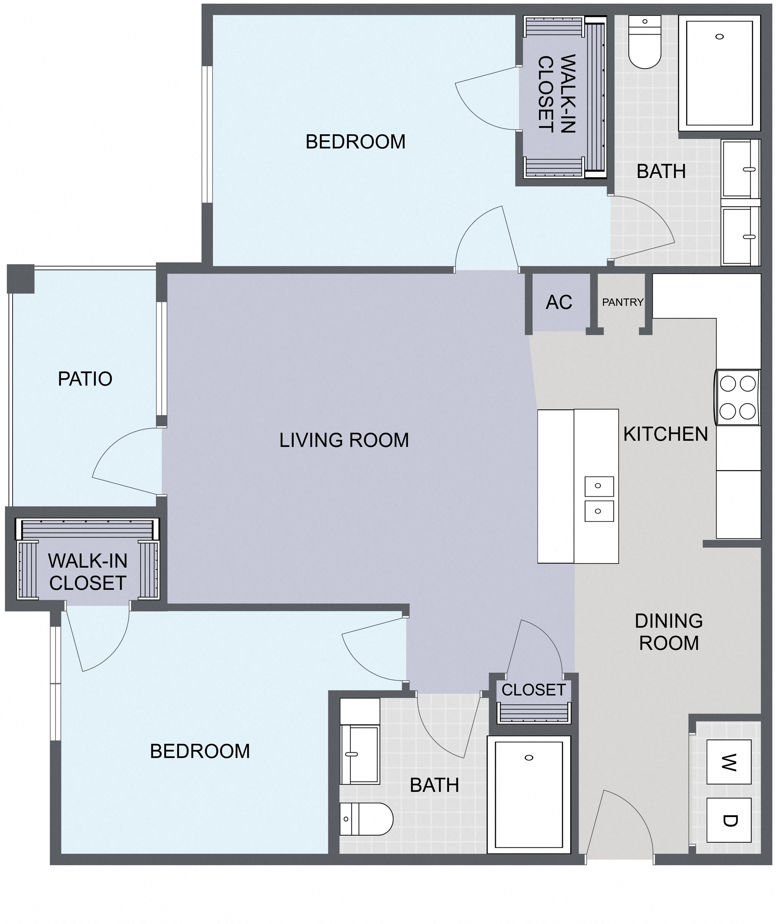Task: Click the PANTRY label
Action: pos(623,302)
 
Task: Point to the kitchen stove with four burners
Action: pos(737,397)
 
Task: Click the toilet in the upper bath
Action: pos(645,42)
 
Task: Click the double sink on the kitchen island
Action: pos(599,499)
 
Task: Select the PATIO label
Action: pos(85,379)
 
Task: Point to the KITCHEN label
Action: pos(666,434)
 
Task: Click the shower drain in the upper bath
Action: pos(719,37)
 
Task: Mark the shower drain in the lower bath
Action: pos(529,758)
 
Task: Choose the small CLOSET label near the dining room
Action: pos(533,690)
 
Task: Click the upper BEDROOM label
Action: pos(355,142)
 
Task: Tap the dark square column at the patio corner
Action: pos(21,278)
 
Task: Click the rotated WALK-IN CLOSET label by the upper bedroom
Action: pos(557,94)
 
